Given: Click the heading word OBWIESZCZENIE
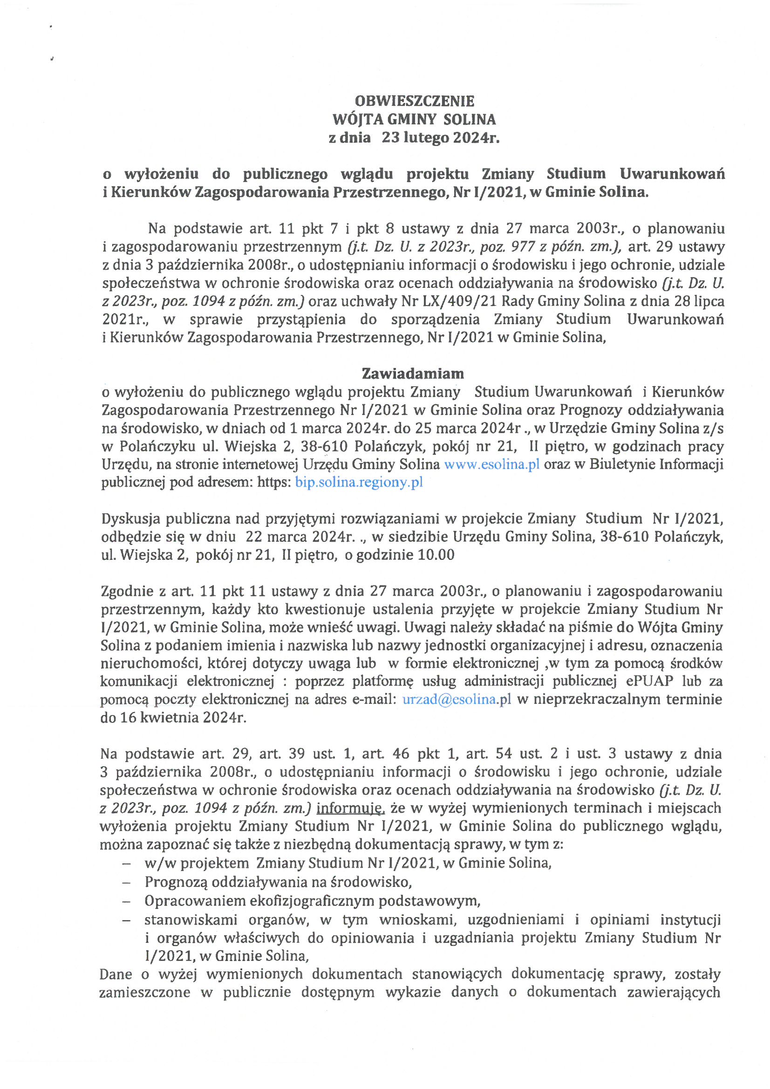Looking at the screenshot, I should click(x=414, y=101).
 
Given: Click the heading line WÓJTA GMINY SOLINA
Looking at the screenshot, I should click(x=414, y=119).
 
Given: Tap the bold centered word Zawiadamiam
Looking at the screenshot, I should click(x=412, y=374).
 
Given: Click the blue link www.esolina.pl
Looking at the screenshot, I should click(x=491, y=464).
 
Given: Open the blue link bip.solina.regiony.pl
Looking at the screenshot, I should click(x=359, y=483).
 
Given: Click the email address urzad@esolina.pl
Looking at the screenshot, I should click(x=457, y=700).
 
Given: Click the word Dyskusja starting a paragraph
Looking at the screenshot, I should click(x=129, y=519).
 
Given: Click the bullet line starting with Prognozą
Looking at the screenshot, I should click(x=278, y=882).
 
